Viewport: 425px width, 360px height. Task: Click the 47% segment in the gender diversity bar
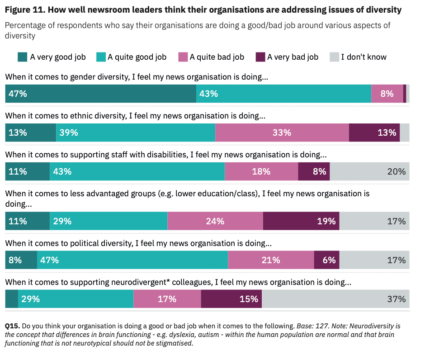click(100, 94)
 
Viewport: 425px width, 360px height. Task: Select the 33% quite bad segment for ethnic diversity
click(282, 133)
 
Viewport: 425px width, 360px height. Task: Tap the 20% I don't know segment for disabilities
click(370, 171)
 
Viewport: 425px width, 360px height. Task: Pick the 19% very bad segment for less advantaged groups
click(301, 221)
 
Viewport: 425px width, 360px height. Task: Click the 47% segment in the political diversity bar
click(132, 260)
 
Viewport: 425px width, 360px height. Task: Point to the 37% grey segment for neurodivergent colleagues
click(335, 299)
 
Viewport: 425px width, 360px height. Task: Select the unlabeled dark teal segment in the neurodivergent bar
click(12, 299)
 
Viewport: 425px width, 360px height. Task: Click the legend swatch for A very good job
click(22, 57)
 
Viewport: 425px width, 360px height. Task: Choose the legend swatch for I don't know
click(334, 57)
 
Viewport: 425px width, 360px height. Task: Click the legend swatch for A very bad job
click(260, 57)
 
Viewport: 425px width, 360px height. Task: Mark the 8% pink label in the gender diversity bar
click(387, 94)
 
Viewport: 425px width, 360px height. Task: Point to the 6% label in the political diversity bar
click(329, 260)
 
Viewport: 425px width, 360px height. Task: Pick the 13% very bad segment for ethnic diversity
click(374, 133)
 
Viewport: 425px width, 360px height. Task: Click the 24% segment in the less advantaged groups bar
click(215, 221)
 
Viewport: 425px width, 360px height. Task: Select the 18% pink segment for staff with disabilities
click(261, 171)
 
